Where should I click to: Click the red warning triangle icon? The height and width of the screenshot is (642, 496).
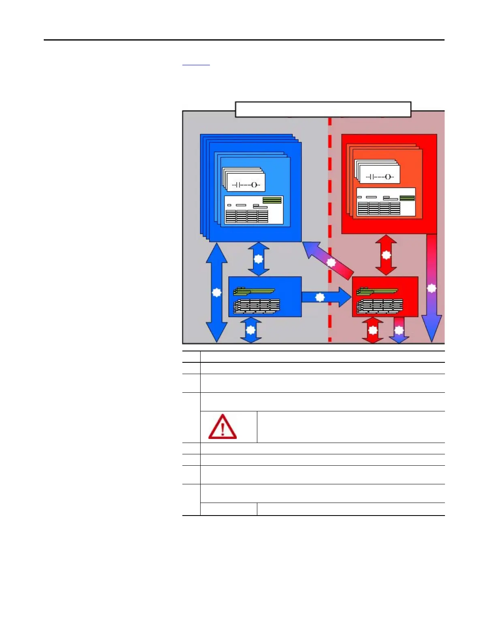[x=222, y=427]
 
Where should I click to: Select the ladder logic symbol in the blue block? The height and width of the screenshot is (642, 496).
[x=246, y=184]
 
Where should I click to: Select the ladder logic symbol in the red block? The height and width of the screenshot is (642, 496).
[x=380, y=176]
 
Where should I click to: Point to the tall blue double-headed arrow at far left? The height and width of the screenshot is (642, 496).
[x=217, y=292]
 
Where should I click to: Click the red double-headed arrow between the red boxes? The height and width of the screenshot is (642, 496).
[x=386, y=255]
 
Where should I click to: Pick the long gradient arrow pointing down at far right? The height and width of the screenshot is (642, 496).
[x=432, y=288]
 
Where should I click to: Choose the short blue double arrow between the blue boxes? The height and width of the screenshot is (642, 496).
[x=258, y=259]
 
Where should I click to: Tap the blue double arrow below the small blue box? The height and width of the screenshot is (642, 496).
[x=251, y=330]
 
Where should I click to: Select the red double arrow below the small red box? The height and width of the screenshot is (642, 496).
[x=373, y=330]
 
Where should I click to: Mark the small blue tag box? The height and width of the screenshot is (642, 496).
[x=265, y=297]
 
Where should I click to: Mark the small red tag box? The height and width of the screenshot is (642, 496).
[x=385, y=297]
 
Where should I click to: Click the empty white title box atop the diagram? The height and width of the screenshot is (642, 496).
[x=323, y=109]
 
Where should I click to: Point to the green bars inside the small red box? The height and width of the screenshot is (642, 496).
[x=376, y=291]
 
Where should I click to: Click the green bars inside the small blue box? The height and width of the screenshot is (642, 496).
[x=254, y=291]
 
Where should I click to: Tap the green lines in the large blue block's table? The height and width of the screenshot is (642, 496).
[x=272, y=200]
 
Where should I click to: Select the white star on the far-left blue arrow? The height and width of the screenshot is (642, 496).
[x=217, y=292]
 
